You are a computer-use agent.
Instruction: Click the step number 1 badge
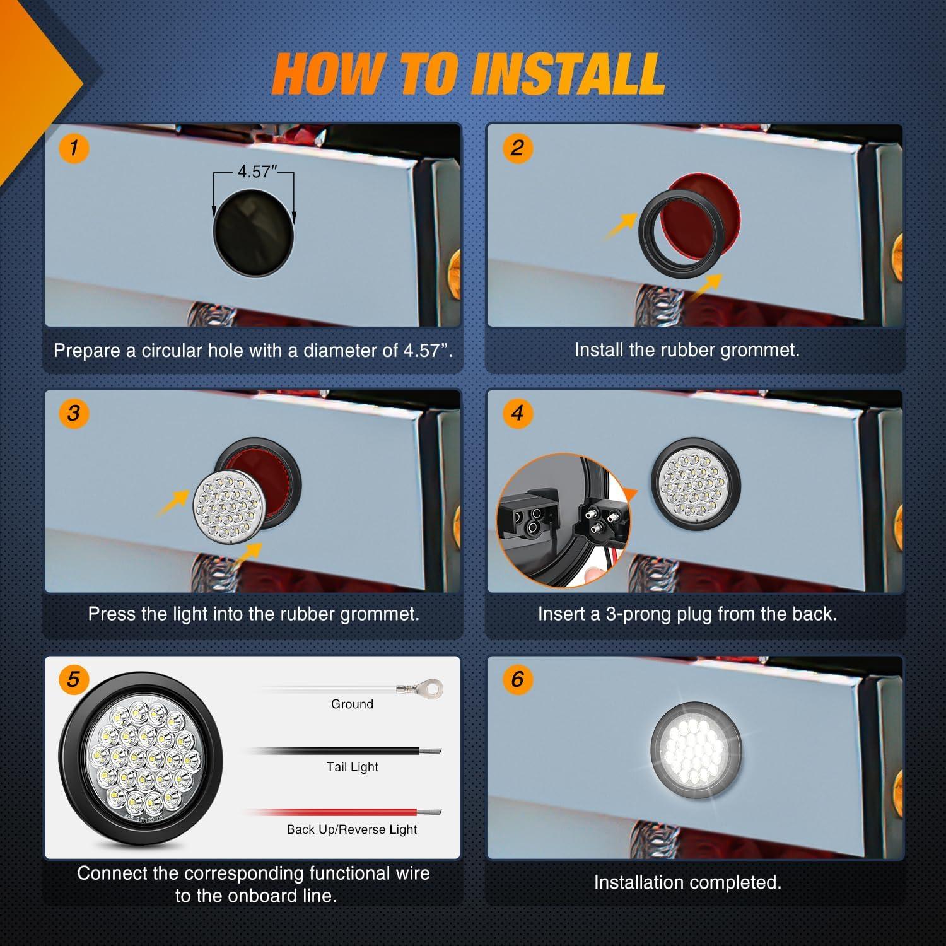74,148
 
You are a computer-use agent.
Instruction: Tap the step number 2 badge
517,148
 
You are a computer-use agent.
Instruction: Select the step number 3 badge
74,413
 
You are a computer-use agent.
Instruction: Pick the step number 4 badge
517,413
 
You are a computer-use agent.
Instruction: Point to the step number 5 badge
74,679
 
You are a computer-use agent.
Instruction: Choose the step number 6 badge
517,679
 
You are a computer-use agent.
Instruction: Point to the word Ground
352,704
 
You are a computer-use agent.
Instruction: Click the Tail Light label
352,767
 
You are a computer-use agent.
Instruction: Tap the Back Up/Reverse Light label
352,829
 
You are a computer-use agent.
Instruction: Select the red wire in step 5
344,812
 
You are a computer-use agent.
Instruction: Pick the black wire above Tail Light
344,750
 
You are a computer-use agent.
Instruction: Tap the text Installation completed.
687,882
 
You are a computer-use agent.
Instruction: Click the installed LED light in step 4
696,484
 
